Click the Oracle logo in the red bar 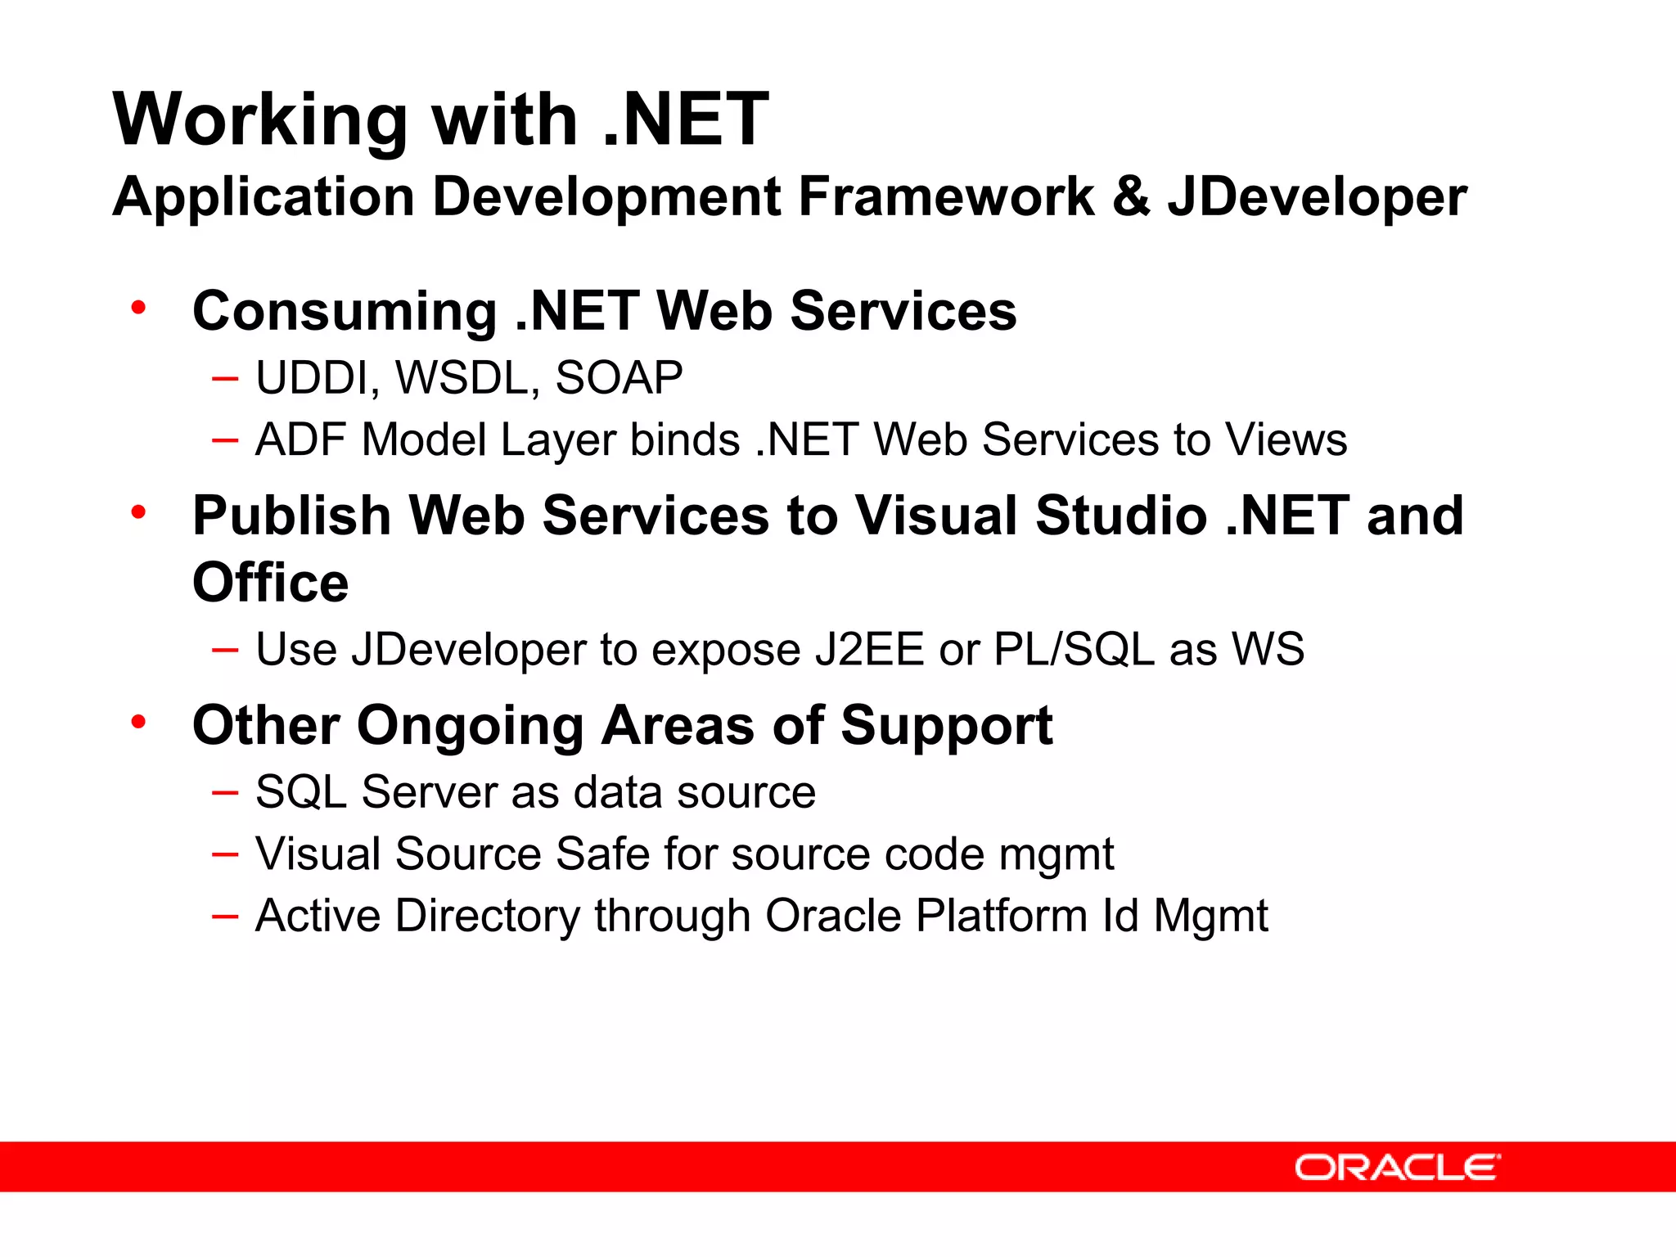pos(1397,1167)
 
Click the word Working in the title pos(259,120)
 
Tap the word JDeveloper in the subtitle pos(1317,197)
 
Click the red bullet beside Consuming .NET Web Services pos(138,309)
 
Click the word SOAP pos(619,378)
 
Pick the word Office pos(270,583)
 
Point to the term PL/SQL pos(1074,650)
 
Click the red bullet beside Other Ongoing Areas pos(138,722)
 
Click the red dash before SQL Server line pos(224,792)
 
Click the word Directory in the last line pos(487,916)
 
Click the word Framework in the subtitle pos(945,197)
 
